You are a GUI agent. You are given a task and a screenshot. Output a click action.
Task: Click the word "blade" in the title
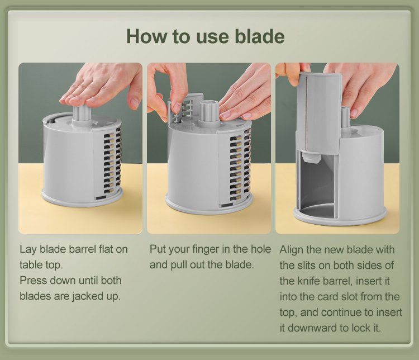[259, 36]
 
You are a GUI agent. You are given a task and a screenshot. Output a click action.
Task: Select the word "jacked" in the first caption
[87, 296]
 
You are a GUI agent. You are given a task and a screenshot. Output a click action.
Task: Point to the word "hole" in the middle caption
[260, 249]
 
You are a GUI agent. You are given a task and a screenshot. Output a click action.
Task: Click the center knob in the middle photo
[210, 112]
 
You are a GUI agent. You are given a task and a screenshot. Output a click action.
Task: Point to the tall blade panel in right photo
[318, 112]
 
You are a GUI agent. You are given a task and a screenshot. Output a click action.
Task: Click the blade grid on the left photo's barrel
[112, 160]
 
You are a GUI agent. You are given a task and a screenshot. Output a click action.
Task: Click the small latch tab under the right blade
[312, 157]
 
